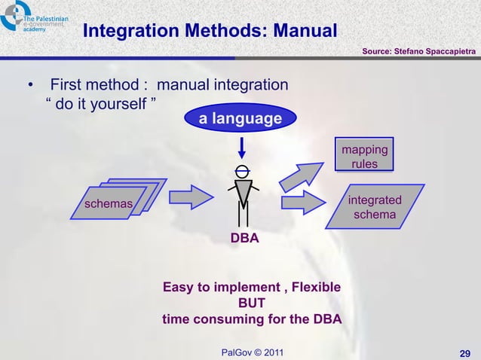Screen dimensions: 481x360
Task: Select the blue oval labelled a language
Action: [240, 119]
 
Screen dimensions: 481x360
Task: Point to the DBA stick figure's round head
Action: [241, 169]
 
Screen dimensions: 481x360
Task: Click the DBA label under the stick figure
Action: [245, 239]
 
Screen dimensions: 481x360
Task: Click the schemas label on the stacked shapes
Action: [109, 203]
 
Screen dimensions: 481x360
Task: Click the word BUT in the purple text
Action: [252, 304]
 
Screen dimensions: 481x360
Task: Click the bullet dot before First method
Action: [30, 84]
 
